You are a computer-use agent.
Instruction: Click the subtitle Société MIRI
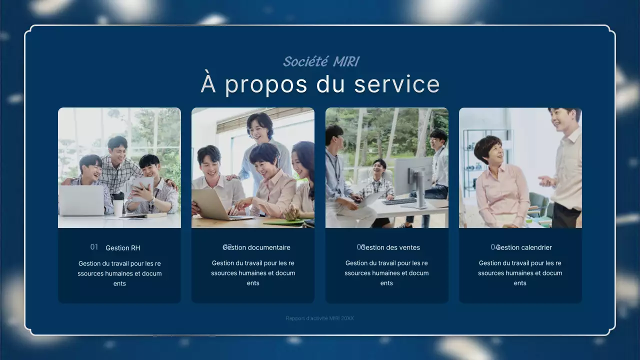click(x=320, y=61)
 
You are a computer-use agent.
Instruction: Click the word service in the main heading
click(x=397, y=84)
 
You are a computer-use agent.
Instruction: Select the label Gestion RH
click(x=123, y=248)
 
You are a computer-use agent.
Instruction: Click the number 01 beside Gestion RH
click(x=94, y=247)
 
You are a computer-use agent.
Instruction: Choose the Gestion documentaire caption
click(x=257, y=247)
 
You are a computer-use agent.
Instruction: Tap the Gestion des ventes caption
click(x=390, y=247)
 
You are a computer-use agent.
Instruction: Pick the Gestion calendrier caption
click(x=524, y=247)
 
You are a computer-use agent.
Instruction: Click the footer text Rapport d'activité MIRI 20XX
click(x=320, y=318)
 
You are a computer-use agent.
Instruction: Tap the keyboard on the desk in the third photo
click(x=399, y=201)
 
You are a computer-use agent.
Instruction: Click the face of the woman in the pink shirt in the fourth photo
click(x=489, y=152)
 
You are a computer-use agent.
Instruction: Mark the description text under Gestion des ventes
click(x=386, y=273)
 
